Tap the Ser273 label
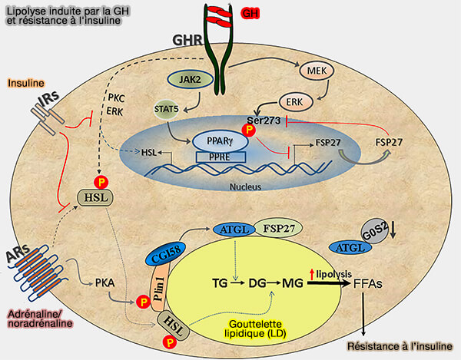click(x=264, y=120)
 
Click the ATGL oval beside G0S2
click(x=347, y=246)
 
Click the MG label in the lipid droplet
click(x=292, y=283)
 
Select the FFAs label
click(x=369, y=283)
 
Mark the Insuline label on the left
click(x=25, y=82)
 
